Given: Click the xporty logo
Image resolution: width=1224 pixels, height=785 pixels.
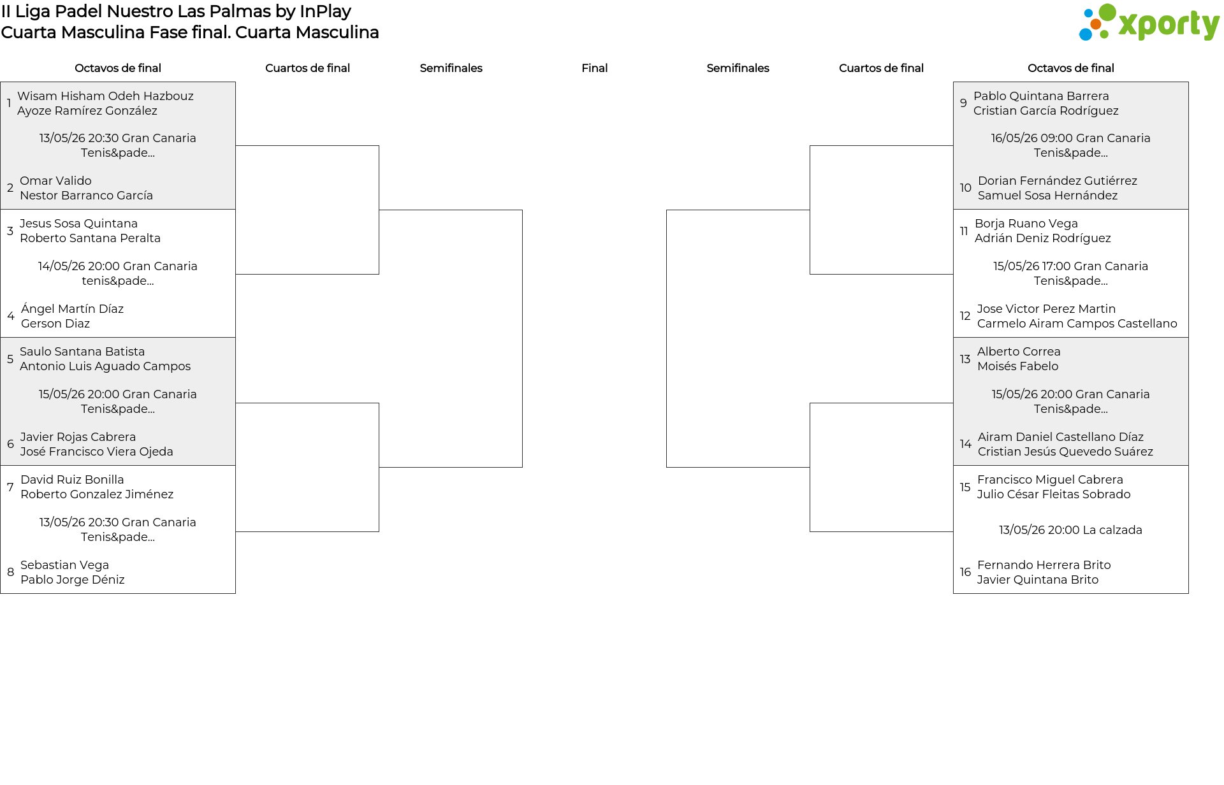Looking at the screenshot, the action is click(1149, 23).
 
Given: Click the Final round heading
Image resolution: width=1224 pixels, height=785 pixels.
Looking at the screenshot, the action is click(594, 68).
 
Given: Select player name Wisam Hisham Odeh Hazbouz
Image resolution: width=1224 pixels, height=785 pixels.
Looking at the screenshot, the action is click(105, 96).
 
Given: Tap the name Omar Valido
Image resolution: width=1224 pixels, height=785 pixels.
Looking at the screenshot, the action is click(55, 181).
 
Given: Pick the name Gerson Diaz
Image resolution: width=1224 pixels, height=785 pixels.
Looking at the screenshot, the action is click(55, 324).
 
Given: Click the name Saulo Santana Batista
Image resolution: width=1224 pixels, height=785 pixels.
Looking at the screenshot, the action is click(82, 352).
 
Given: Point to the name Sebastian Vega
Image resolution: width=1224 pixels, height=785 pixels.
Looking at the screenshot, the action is click(64, 565).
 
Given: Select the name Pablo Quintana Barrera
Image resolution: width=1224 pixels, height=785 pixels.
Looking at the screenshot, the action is click(1041, 96).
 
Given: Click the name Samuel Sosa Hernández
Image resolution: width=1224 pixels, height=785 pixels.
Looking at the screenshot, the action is click(1047, 196).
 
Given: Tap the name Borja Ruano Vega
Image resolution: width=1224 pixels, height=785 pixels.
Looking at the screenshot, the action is click(1026, 224).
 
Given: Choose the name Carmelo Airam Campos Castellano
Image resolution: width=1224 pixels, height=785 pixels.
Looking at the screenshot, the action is click(1077, 324).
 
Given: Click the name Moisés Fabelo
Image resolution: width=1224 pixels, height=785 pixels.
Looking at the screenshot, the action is click(1017, 366).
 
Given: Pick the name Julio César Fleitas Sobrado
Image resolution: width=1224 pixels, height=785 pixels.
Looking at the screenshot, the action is click(1054, 494).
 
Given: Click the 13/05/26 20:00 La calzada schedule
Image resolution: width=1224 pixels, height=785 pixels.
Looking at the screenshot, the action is click(1070, 530).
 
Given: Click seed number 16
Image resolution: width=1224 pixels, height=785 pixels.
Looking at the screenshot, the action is click(965, 572).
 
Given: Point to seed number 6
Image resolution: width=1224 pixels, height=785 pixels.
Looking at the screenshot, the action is click(10, 444).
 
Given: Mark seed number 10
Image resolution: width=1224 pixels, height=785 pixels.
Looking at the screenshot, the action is click(965, 188).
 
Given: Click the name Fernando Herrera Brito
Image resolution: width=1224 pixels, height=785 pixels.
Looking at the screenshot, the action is click(1044, 565).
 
